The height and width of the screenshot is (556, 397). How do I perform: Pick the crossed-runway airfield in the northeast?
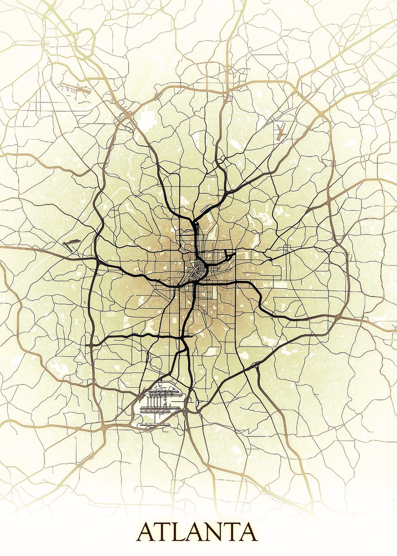pos(280,132)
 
